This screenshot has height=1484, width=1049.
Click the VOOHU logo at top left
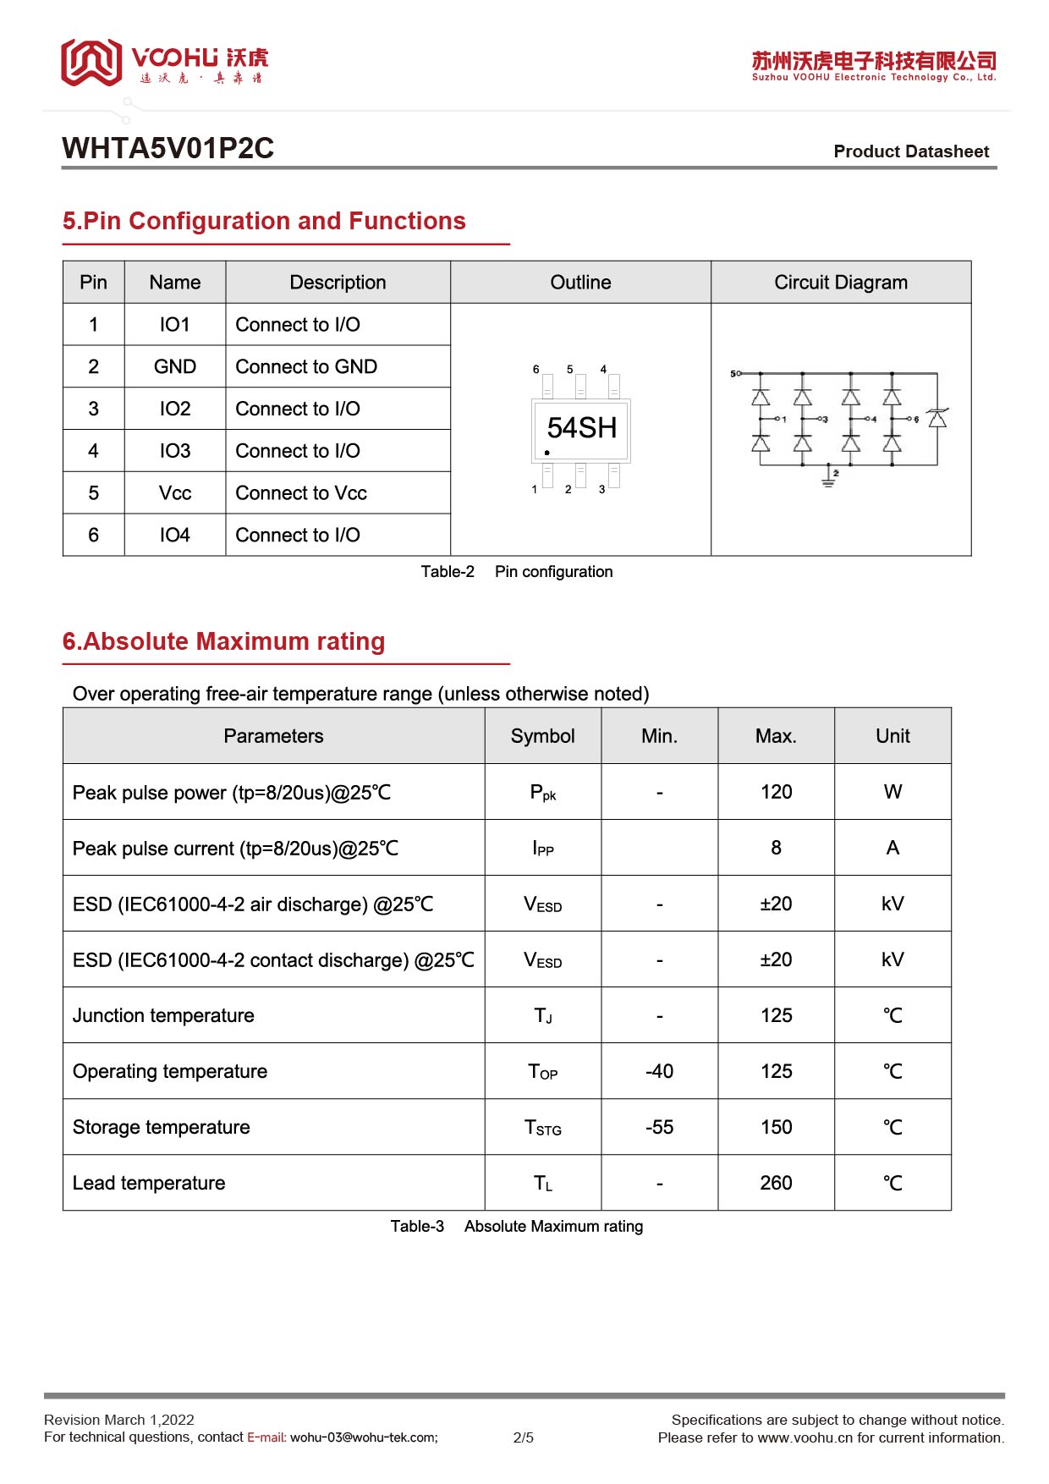pyautogui.click(x=164, y=63)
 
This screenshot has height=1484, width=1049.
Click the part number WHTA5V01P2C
pyautogui.click(x=168, y=148)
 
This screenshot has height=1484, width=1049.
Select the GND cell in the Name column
pyautogui.click(x=175, y=366)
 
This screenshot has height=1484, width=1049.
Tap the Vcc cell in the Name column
pyautogui.click(x=175, y=493)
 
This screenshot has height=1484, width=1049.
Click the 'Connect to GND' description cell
pyautogui.click(x=306, y=366)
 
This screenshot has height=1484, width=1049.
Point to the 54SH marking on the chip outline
pyautogui.click(x=581, y=428)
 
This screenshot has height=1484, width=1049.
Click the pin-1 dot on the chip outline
pyautogui.click(x=547, y=453)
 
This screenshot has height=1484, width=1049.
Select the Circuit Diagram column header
pyautogui.click(x=840, y=283)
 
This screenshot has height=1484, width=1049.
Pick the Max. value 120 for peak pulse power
pyautogui.click(x=776, y=792)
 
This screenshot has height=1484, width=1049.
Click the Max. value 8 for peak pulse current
pyautogui.click(x=776, y=848)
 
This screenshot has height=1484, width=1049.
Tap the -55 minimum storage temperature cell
pyautogui.click(x=659, y=1127)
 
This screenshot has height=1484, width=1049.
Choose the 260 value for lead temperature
pyautogui.click(x=776, y=1183)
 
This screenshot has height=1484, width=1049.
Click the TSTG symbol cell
pyautogui.click(x=542, y=1128)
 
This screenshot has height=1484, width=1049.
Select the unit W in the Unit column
pyautogui.click(x=892, y=792)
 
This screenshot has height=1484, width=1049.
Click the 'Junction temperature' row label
pyautogui.click(x=163, y=1015)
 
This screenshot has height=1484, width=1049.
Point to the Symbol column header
pyautogui.click(x=542, y=736)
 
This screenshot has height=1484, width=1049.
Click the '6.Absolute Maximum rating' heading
pyautogui.click(x=223, y=641)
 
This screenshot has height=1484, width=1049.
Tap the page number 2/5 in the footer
pyautogui.click(x=523, y=1437)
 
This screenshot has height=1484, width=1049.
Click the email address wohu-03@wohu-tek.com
pyautogui.click(x=364, y=1437)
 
